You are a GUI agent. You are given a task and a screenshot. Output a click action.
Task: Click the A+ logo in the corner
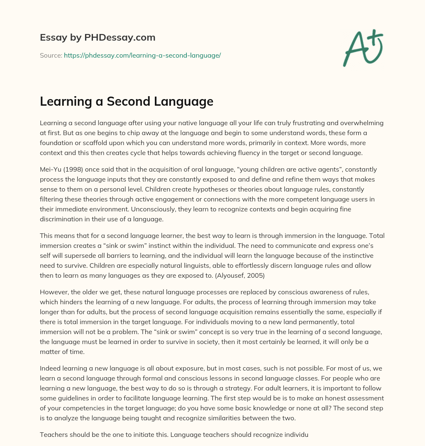(x=363, y=47)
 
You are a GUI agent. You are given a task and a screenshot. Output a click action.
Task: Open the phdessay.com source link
(x=142, y=55)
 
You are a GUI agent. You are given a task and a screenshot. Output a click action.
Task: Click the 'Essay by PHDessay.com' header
(x=98, y=37)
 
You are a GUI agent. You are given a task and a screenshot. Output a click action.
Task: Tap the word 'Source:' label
(x=51, y=55)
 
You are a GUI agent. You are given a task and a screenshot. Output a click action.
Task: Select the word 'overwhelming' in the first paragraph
(x=363, y=123)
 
